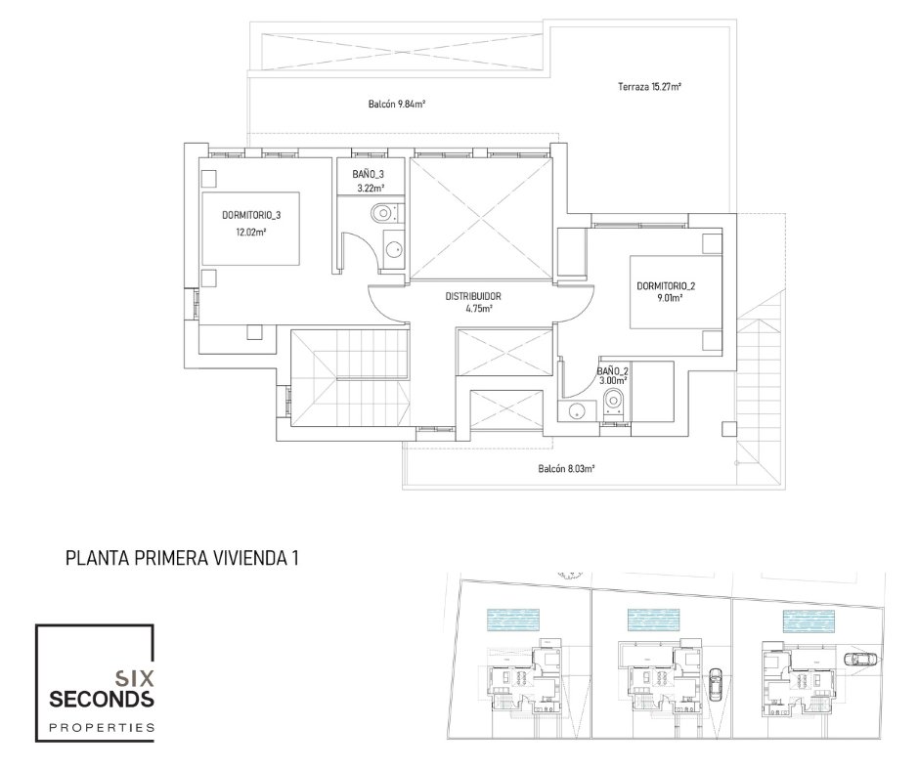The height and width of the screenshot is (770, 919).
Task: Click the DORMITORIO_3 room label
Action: point(251,215)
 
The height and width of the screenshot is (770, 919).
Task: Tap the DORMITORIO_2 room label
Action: point(666,286)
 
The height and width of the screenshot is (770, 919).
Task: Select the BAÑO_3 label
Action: point(368,175)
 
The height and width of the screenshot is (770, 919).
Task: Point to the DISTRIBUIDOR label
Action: point(473,296)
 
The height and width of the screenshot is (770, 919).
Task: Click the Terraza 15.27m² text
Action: point(649,87)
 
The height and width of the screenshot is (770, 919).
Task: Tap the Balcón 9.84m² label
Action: point(396,105)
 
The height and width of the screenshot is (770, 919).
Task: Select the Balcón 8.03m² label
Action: point(567,469)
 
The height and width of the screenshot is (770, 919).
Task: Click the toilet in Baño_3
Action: point(386,213)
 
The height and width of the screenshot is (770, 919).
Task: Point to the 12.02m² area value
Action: point(251,232)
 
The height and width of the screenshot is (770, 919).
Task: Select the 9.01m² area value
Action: point(669,298)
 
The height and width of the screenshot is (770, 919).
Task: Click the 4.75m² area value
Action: point(479,309)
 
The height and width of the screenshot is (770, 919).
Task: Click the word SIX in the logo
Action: point(135,678)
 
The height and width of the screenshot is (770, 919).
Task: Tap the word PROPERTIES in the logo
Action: point(102,728)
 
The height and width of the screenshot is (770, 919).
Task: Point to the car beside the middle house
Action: point(716,684)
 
